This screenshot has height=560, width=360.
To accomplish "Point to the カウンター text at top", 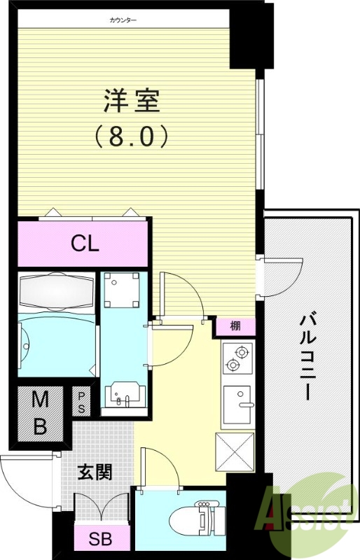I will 123,20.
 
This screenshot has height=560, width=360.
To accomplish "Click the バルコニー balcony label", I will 307,357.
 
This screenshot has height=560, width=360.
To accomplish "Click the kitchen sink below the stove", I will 238,405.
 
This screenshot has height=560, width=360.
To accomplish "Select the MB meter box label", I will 40,413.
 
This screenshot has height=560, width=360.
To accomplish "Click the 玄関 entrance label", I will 93,472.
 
